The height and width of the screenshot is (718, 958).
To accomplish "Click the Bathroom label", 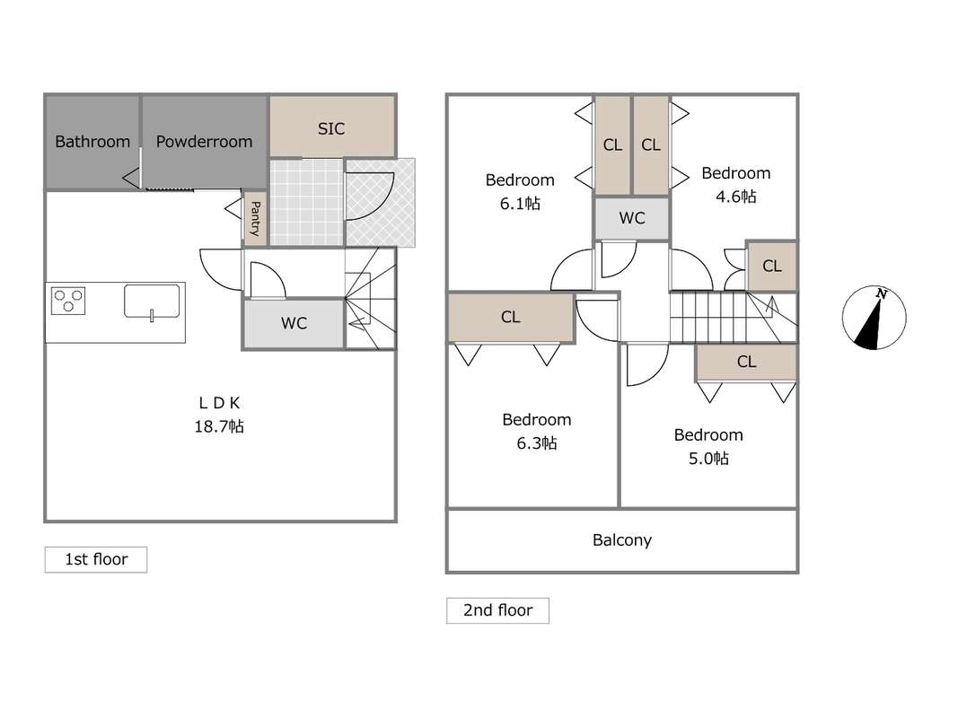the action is click(92, 142).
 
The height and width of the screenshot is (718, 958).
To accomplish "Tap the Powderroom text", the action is click(204, 142).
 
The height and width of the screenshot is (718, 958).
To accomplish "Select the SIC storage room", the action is click(332, 127).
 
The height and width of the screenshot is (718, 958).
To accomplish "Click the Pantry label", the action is click(255, 219).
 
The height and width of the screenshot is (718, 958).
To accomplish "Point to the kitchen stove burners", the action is click(68, 301).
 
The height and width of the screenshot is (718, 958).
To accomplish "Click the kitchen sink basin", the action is click(152, 301).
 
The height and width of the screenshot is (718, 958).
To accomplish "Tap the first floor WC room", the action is click(294, 324).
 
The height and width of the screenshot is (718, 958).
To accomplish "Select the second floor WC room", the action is click(632, 218).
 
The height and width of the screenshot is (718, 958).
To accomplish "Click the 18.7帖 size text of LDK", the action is click(219, 426).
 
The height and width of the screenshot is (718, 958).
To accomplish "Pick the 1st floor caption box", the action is click(96, 559).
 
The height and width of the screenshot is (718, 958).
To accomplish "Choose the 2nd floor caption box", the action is click(498, 610).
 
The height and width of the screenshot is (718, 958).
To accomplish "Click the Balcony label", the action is click(622, 539).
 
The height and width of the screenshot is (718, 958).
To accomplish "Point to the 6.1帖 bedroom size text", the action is click(520, 204).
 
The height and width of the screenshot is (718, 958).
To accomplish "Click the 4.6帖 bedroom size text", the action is click(735, 196).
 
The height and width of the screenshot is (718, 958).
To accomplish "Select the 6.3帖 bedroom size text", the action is click(536, 442).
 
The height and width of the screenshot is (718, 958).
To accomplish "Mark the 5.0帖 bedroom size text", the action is click(708, 458).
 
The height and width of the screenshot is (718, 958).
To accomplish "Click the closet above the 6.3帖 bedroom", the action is click(511, 317).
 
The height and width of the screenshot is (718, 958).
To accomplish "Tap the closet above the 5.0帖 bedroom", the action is click(746, 362).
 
